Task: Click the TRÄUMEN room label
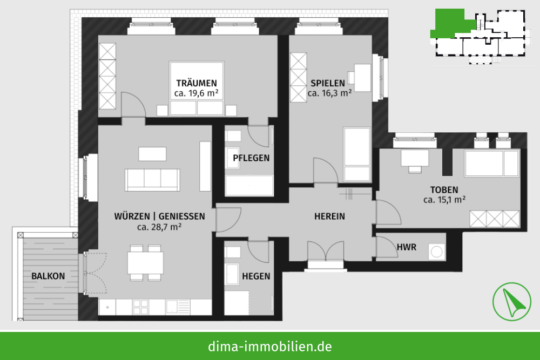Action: coord(197,83)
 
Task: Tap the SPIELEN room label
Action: coord(328,83)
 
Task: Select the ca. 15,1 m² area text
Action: coord(444,200)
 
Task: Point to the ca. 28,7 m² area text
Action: coord(159,227)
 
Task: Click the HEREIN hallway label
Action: coord(329,216)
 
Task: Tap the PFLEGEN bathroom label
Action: coord(251,158)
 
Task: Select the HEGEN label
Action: coord(256,276)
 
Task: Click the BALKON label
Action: coord(48,276)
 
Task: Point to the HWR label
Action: coord(407,247)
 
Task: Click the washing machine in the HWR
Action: coord(437,252)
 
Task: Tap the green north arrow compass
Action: coord(511,302)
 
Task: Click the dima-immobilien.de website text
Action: coord(270,346)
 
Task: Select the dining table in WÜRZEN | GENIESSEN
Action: coord(145,263)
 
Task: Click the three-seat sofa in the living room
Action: coord(152,180)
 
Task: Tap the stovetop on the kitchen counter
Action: coord(140,307)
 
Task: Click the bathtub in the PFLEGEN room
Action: coord(249,186)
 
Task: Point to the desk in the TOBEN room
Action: coord(415,158)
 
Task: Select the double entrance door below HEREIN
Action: coord(326,250)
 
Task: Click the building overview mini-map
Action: coord(478,36)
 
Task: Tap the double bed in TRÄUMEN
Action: coord(197,89)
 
